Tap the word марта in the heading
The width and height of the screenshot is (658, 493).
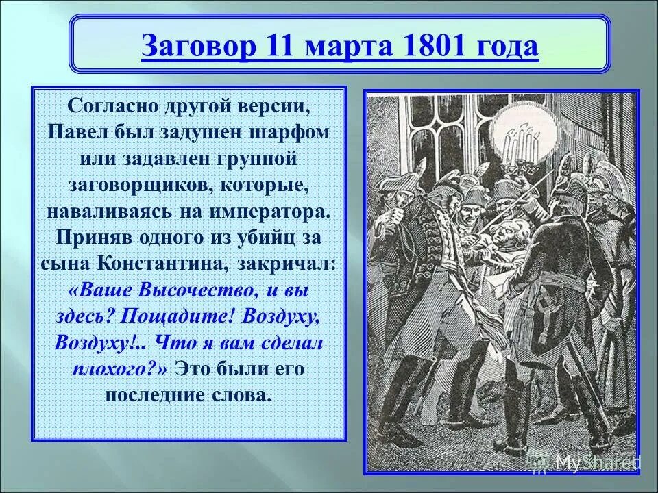pyautogui.click(x=338, y=48)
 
